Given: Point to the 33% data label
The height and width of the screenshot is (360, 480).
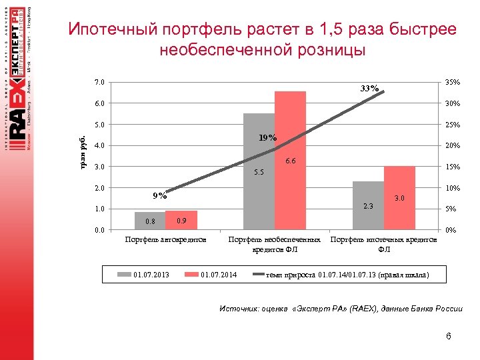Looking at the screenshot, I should (369, 89).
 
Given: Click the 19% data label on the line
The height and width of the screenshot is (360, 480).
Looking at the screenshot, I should (267, 137).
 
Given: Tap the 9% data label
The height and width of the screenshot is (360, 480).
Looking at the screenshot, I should (159, 196).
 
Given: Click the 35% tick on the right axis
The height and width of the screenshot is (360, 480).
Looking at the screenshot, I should (453, 82).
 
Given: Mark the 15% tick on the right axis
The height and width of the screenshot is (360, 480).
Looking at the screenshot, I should (453, 167).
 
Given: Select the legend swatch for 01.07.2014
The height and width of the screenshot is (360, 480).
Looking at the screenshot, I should (191, 274).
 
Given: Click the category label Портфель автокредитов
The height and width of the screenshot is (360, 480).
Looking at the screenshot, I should (165, 239).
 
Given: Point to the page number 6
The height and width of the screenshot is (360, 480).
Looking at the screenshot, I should (449, 336).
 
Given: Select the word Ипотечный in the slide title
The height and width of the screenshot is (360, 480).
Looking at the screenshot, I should (111, 30).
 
